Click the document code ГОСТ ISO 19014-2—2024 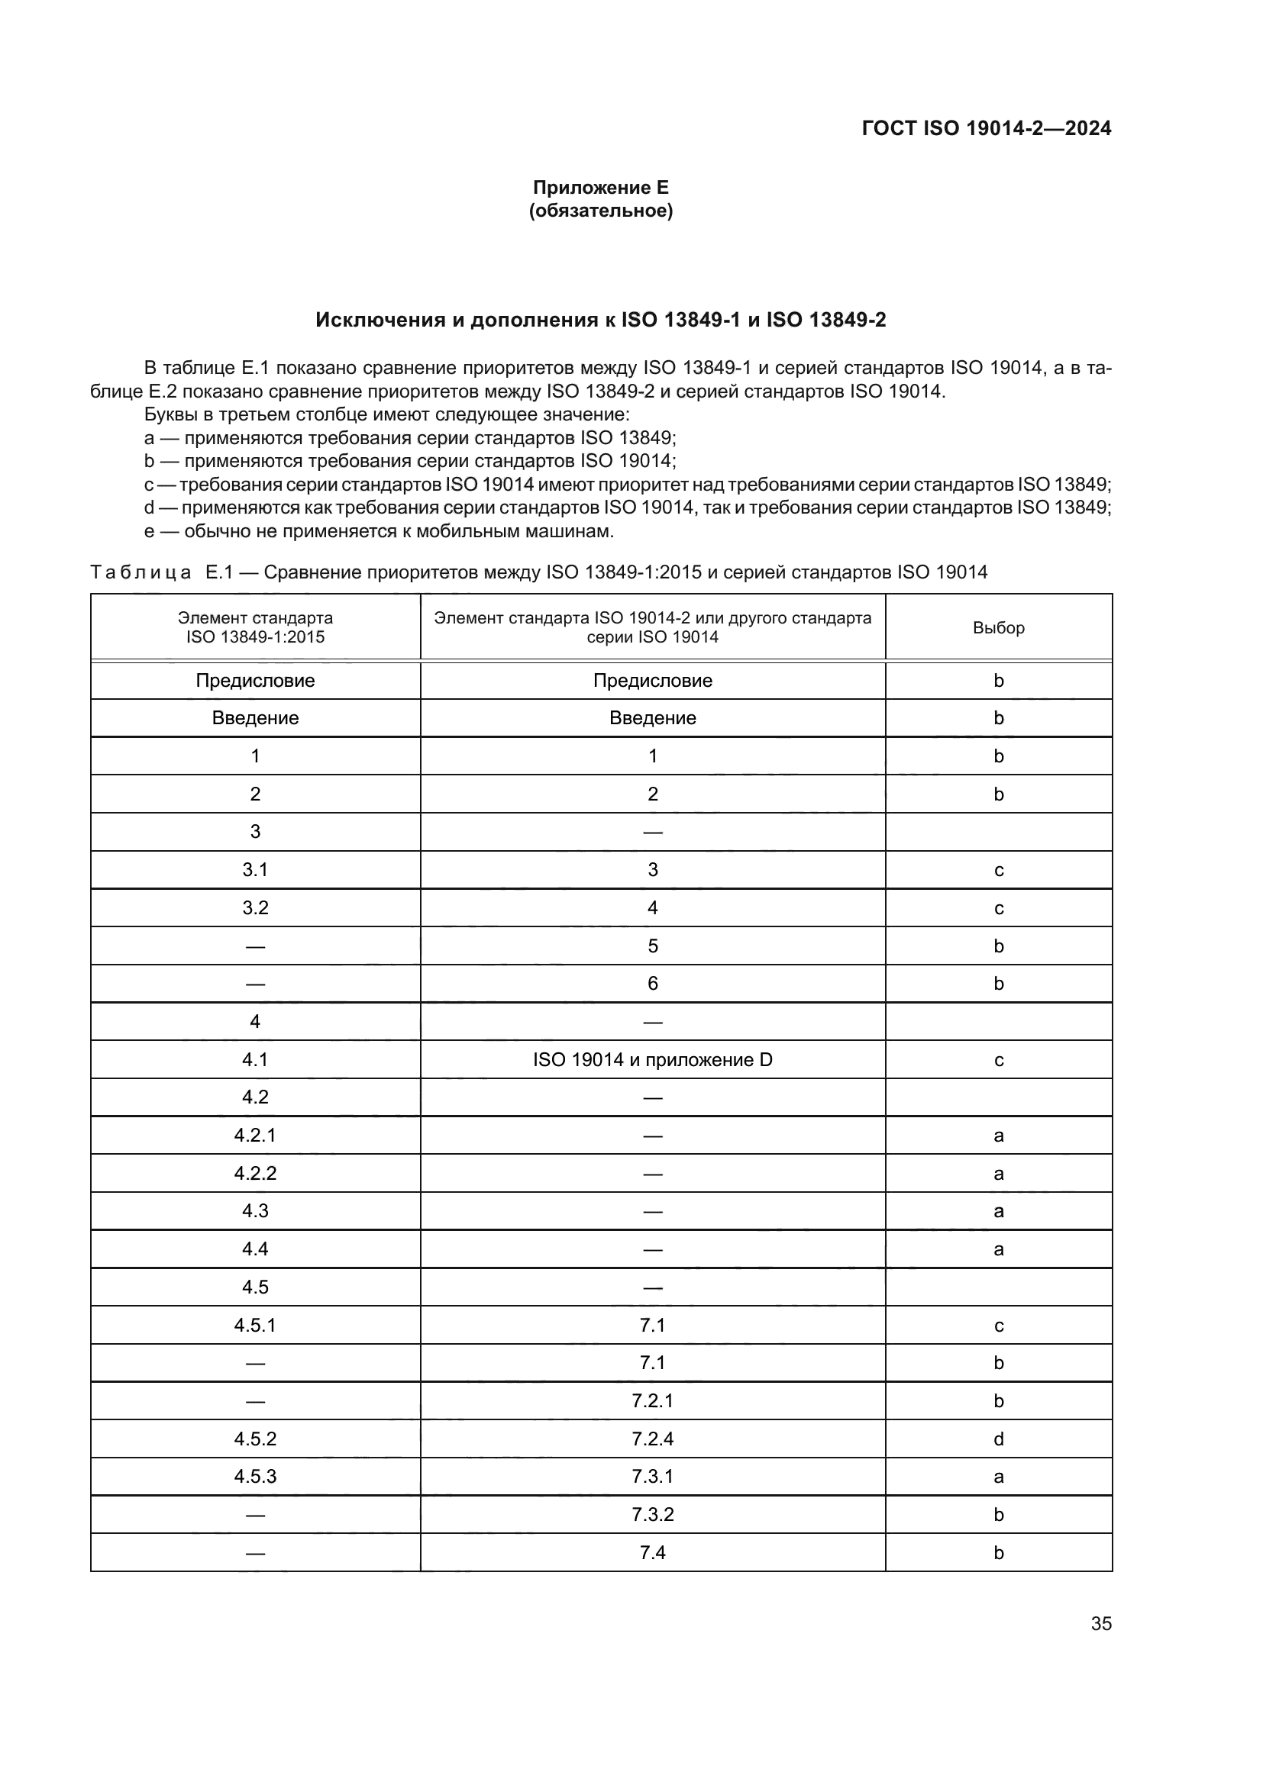tap(986, 128)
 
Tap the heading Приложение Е tap(600, 188)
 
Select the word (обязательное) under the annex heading tap(600, 211)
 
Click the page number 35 tap(1100, 1623)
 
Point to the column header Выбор tap(999, 627)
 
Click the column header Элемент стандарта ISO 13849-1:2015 tap(255, 627)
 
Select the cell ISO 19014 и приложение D tap(652, 1060)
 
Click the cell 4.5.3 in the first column tap(255, 1477)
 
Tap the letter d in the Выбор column tap(999, 1439)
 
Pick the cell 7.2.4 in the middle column tap(652, 1439)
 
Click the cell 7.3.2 tap(652, 1514)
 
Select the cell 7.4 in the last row tap(652, 1552)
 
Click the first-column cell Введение tap(255, 717)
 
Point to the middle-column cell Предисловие tap(652, 680)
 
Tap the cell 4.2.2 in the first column tap(255, 1173)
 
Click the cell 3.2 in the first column tap(255, 907)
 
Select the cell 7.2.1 tap(652, 1400)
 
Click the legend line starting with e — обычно tap(380, 531)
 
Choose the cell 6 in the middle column tap(652, 984)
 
